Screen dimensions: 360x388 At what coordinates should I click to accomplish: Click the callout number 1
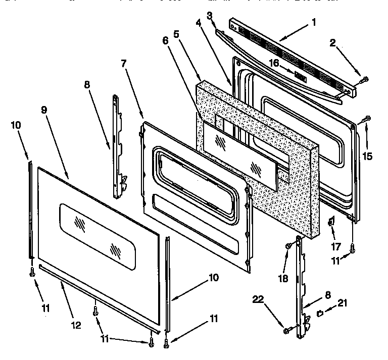(314, 22)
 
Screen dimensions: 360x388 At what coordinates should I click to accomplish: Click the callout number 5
(176, 34)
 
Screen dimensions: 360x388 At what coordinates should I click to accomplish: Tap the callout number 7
(124, 64)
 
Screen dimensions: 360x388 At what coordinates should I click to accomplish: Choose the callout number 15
(367, 156)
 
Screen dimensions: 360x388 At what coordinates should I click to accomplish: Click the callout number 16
(274, 63)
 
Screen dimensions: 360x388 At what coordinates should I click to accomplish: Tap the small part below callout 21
(320, 314)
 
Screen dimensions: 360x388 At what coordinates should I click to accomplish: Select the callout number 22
(259, 299)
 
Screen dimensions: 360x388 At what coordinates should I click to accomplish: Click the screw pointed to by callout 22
(287, 330)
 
